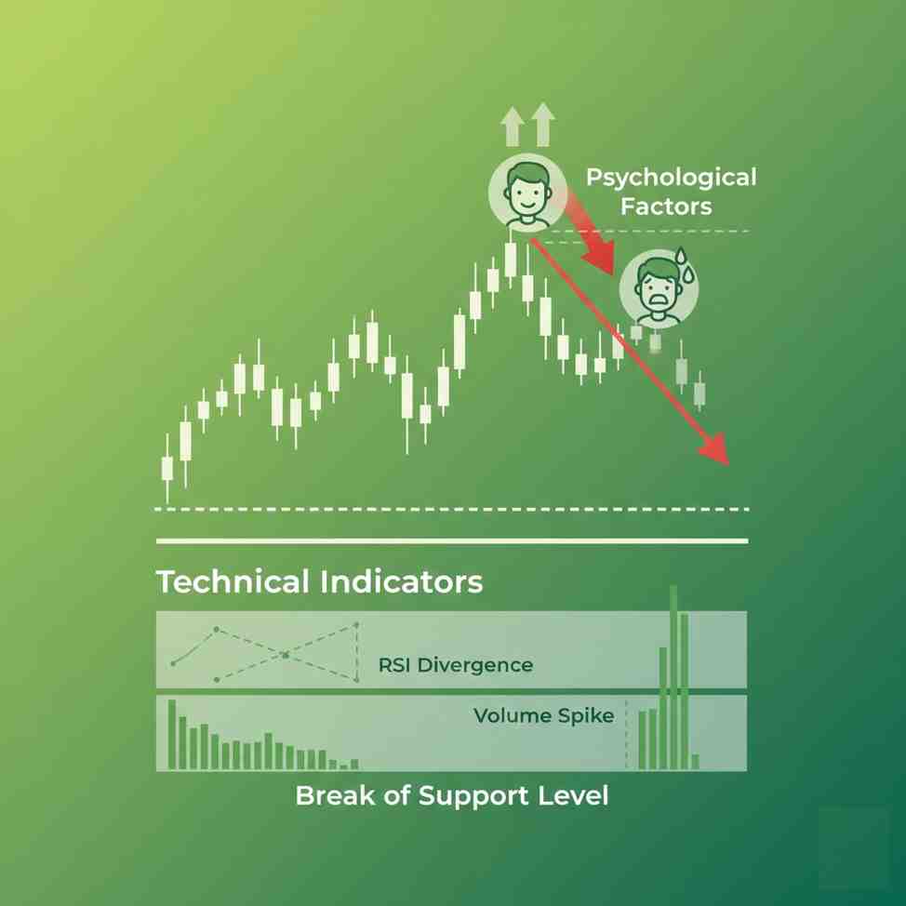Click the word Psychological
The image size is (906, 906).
[671, 177]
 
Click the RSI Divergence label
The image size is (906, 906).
[456, 665]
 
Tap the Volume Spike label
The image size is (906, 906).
[544, 715]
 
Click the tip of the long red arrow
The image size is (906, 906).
[726, 461]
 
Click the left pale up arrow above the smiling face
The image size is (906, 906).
[512, 127]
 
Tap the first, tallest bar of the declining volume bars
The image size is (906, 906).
[172, 734]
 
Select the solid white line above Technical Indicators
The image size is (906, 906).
[452, 540]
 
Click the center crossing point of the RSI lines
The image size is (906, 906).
[286, 655]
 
